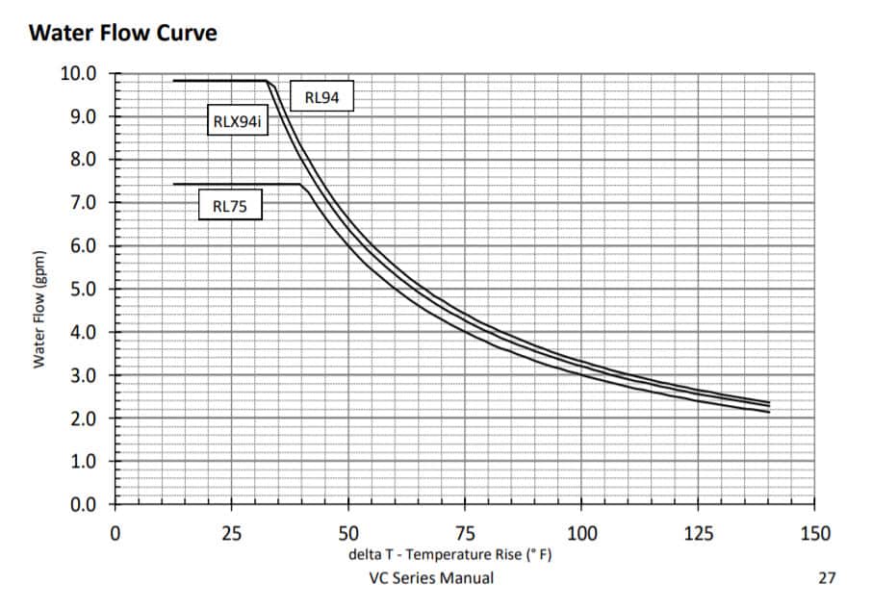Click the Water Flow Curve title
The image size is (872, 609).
click(x=124, y=34)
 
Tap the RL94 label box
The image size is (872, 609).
click(x=321, y=96)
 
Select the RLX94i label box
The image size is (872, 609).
click(x=237, y=122)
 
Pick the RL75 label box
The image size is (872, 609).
click(x=230, y=205)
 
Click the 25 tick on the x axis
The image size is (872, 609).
click(x=231, y=533)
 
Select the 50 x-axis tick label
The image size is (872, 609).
click(x=348, y=533)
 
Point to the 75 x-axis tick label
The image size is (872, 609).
click(x=465, y=533)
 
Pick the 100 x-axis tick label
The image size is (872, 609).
click(x=581, y=533)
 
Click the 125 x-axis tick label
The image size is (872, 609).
click(x=698, y=533)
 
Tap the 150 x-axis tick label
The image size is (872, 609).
click(x=814, y=533)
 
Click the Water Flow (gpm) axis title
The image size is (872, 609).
click(x=39, y=310)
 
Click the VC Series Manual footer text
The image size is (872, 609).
click(x=431, y=578)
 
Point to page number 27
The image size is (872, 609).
click(x=827, y=578)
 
